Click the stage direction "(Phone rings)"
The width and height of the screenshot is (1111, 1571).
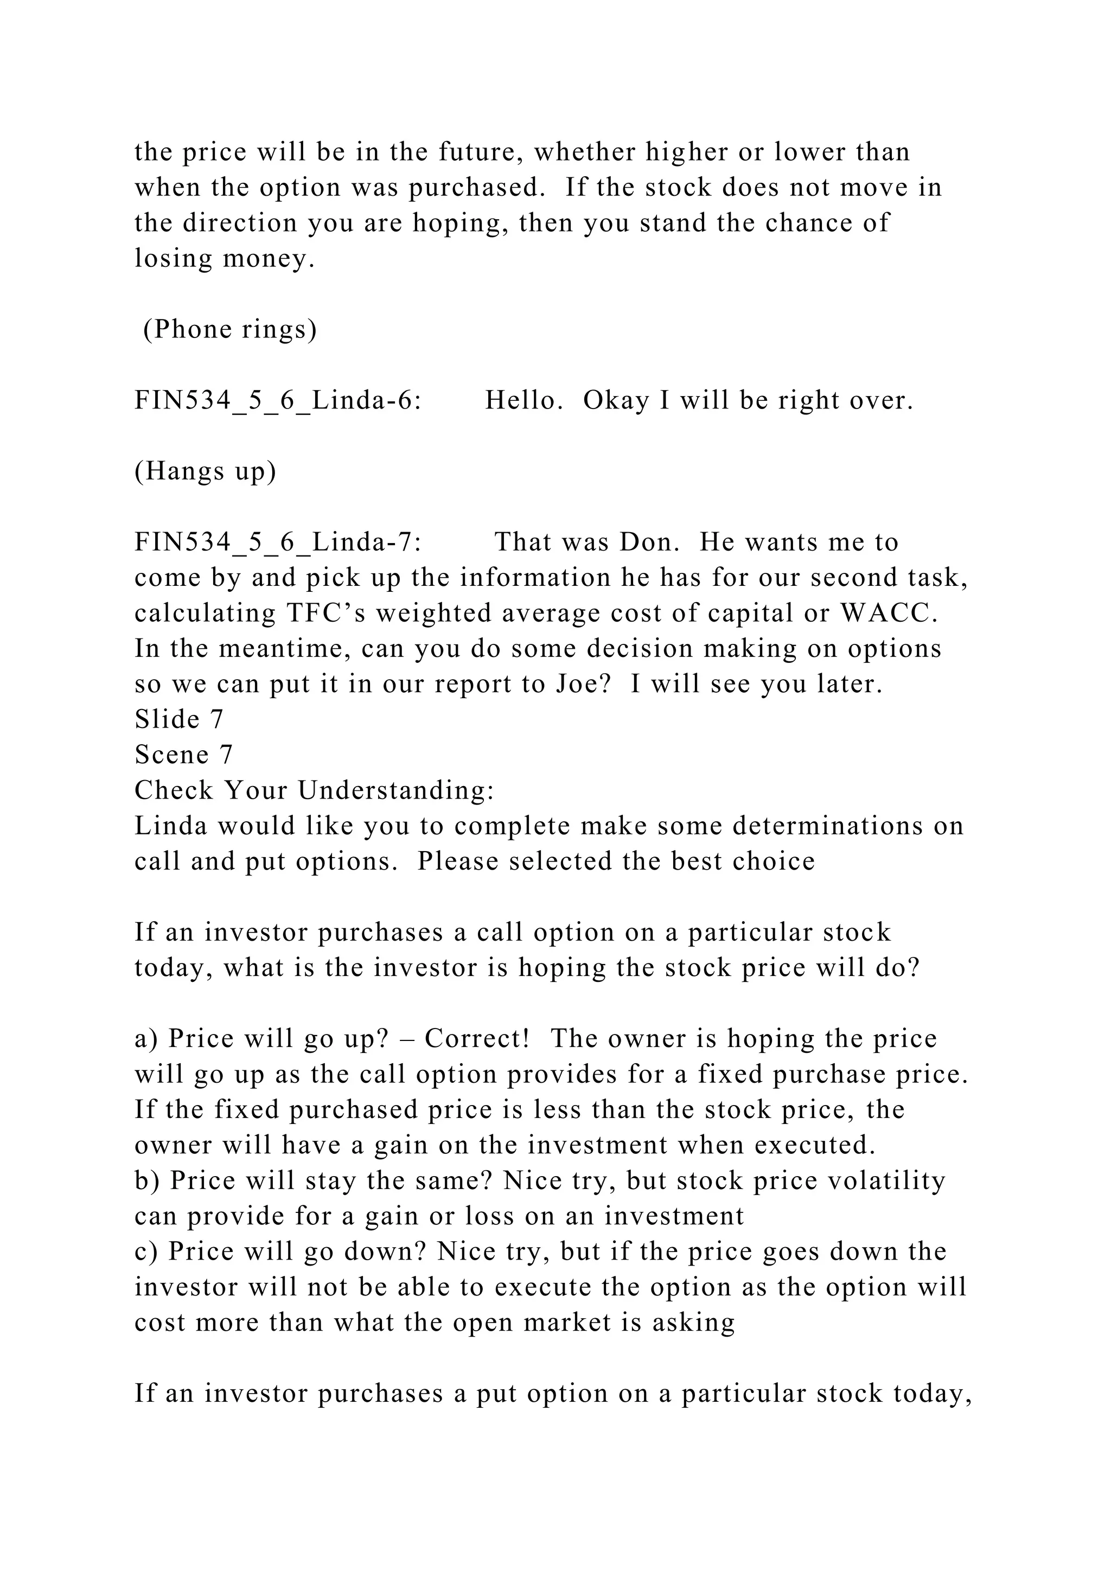point(230,330)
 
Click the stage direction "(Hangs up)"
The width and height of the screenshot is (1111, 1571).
point(205,471)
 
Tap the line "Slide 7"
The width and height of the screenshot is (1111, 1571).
point(179,719)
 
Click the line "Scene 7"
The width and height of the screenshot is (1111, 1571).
point(184,755)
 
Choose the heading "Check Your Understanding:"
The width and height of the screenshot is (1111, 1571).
point(315,790)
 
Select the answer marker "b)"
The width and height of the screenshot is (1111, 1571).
point(147,1180)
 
